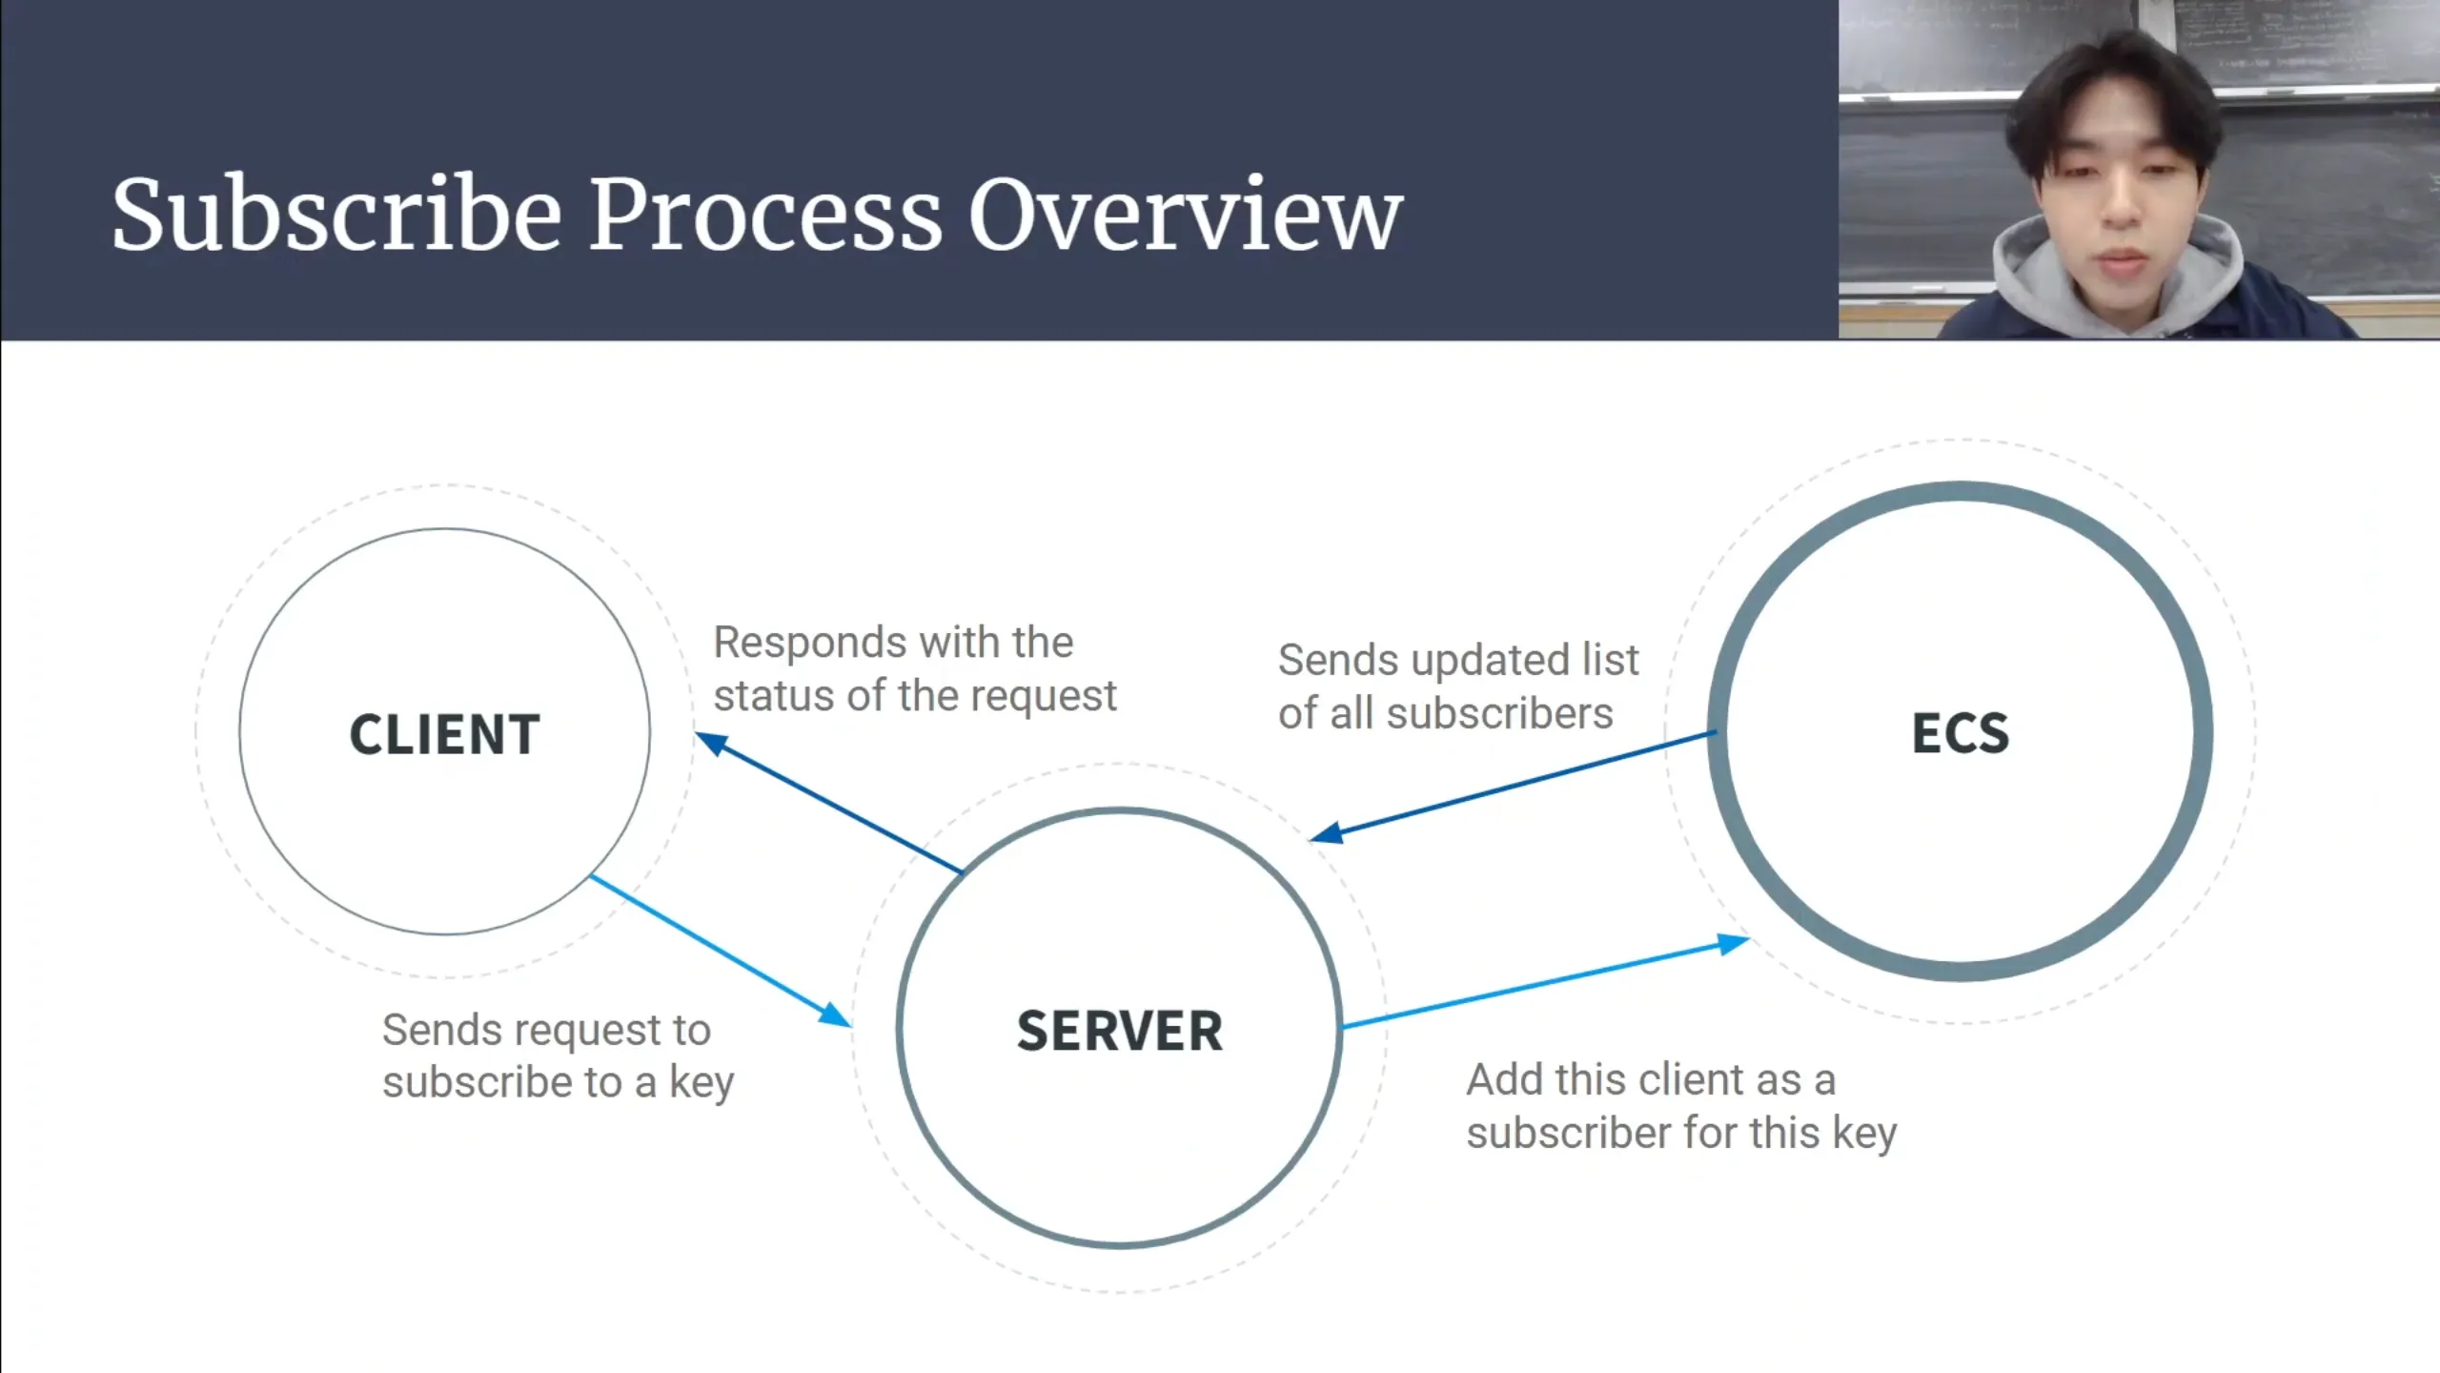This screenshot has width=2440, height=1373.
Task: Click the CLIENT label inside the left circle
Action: pyautogui.click(x=445, y=734)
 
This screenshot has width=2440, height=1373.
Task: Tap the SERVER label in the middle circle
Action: pyautogui.click(x=1119, y=1031)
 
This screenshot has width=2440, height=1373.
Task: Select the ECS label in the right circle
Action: pyautogui.click(x=1961, y=733)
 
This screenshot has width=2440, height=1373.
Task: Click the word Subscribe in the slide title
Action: pyautogui.click(x=336, y=215)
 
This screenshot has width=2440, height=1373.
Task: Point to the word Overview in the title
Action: pyautogui.click(x=1185, y=215)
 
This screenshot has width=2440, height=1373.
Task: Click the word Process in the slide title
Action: pyautogui.click(x=765, y=215)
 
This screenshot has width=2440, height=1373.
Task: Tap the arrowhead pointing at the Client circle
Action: pyautogui.click(x=710, y=742)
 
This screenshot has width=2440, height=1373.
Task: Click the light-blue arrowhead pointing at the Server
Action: pyautogui.click(x=835, y=1014)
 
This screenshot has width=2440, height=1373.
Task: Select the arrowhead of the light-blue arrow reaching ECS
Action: pyautogui.click(x=1734, y=944)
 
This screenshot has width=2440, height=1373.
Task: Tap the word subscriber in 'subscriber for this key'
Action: pyautogui.click(x=1568, y=1134)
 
